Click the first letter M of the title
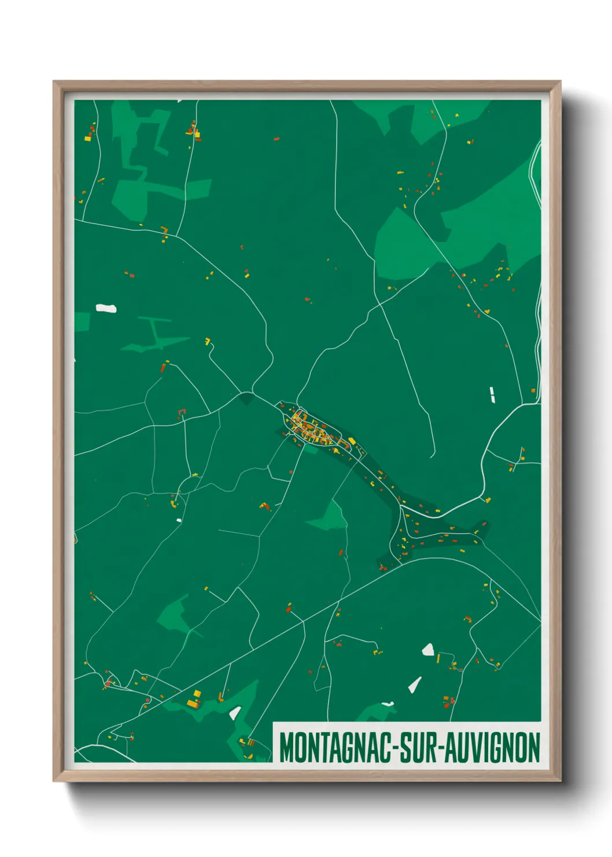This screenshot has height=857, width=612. [x=286, y=748]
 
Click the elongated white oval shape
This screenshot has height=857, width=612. [x=106, y=308]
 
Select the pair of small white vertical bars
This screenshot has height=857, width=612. [x=492, y=394]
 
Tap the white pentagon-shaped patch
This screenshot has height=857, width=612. [x=428, y=650]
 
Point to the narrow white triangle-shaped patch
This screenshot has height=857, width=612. [x=415, y=684]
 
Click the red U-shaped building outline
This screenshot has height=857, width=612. [x=182, y=412]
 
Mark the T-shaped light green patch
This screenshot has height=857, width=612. [x=155, y=333]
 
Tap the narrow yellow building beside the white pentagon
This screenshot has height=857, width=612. [x=438, y=658]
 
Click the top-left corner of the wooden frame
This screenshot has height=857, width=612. [x=54, y=82]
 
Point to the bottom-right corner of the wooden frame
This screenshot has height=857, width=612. [x=560, y=781]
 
